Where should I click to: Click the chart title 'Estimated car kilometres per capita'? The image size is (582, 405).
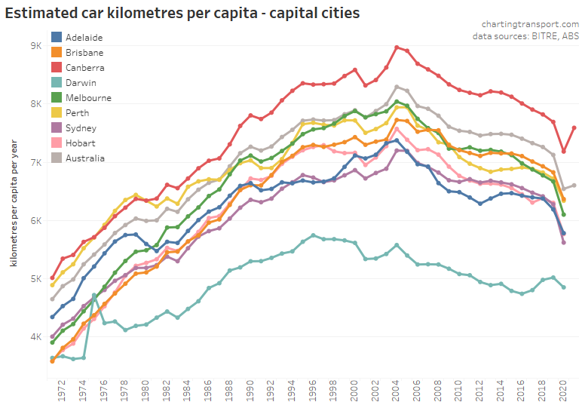coord(182,13)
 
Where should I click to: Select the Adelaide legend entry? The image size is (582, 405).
coord(84,37)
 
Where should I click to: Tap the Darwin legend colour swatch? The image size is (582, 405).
coord(57,82)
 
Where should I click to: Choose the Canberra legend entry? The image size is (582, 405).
coord(84,67)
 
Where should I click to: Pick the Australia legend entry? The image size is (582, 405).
coord(84,158)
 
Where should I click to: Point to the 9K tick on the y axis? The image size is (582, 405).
coord(35,45)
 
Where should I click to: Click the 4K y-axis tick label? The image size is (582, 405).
coord(35,337)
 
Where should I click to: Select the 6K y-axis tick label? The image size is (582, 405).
coord(35,220)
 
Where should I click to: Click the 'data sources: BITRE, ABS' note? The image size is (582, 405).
coord(525,35)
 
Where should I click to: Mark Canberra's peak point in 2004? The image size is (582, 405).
coord(397,47)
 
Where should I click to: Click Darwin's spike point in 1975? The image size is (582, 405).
coord(94,295)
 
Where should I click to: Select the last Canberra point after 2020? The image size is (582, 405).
coord(574,127)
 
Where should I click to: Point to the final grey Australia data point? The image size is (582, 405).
coord(574,185)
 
